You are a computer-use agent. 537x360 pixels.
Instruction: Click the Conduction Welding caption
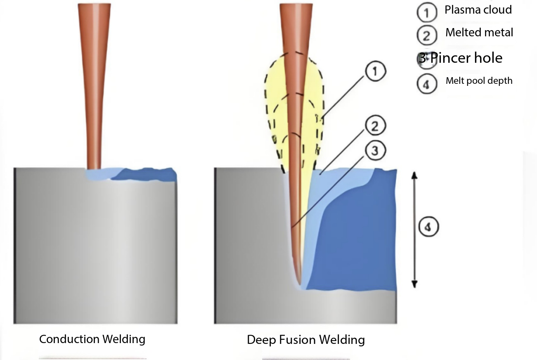click(x=92, y=339)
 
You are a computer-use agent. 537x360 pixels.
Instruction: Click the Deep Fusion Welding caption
click(x=306, y=340)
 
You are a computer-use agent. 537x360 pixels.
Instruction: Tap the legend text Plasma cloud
click(x=478, y=10)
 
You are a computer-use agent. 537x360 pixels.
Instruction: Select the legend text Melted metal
click(x=479, y=32)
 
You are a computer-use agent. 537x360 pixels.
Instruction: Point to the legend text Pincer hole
click(x=466, y=58)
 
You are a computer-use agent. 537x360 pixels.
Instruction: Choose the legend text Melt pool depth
click(x=479, y=81)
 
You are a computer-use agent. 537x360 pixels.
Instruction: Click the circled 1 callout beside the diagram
click(x=376, y=71)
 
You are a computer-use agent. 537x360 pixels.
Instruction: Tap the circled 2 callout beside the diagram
click(x=376, y=126)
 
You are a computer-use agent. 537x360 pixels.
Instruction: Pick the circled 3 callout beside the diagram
click(x=376, y=151)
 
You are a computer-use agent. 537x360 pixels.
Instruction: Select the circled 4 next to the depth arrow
click(x=428, y=227)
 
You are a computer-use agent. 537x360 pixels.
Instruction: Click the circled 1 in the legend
click(x=427, y=12)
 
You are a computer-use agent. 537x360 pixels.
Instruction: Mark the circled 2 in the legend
click(x=427, y=35)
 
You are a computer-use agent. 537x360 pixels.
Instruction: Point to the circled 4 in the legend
click(x=427, y=84)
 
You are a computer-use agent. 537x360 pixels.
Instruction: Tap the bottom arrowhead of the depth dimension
click(x=414, y=284)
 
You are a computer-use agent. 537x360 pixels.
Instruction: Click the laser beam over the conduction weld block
click(x=94, y=86)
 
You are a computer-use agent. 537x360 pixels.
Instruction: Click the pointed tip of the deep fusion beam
click(x=300, y=285)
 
